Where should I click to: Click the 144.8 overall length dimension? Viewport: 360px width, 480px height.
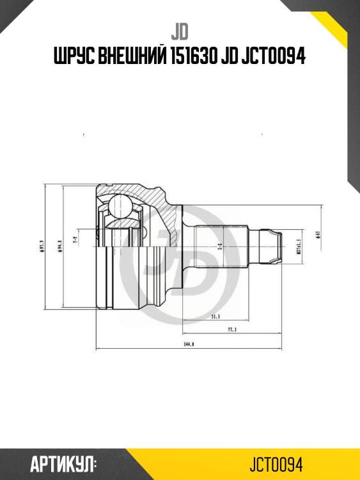tap(189, 344)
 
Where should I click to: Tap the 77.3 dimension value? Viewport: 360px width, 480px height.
tap(232, 329)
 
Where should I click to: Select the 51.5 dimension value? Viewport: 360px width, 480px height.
tap(215, 316)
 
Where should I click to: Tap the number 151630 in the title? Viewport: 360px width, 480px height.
tap(192, 57)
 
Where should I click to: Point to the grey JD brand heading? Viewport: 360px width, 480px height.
tap(180, 30)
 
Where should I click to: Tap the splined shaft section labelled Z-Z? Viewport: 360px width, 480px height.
tap(221, 246)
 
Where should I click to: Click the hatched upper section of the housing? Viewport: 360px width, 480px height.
tap(137, 193)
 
